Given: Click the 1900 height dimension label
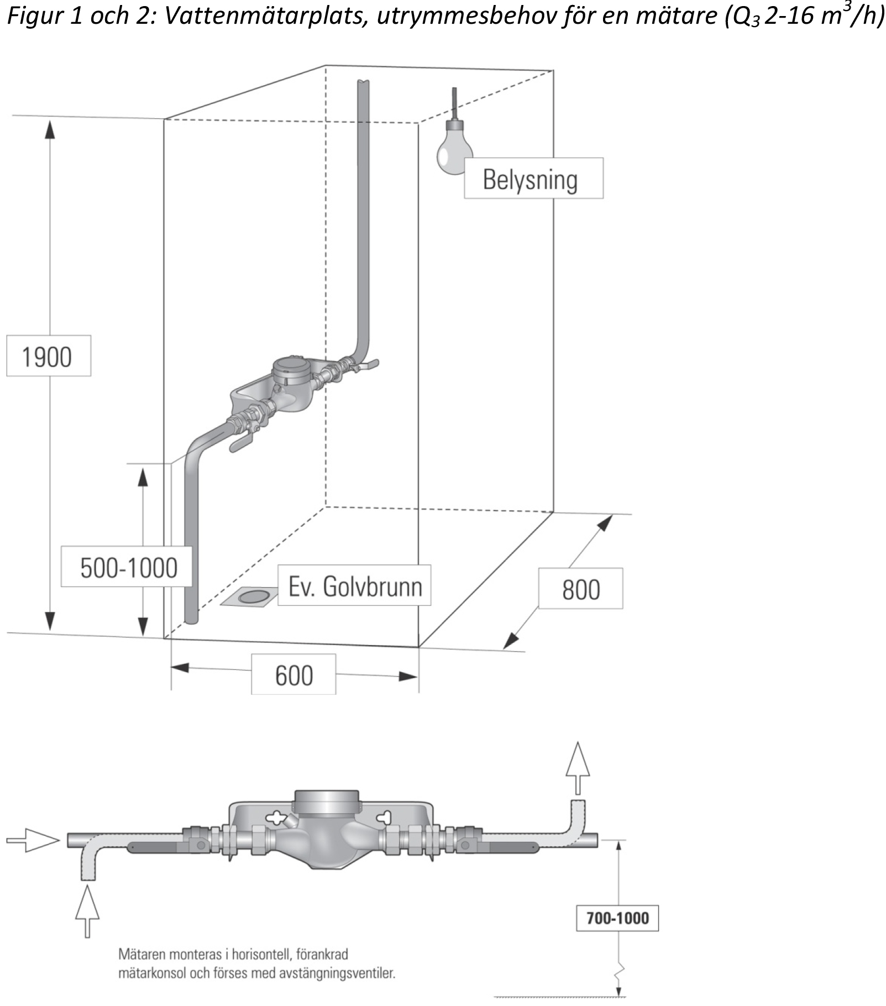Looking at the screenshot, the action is click(48, 356).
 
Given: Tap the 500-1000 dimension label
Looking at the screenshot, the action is click(127, 567).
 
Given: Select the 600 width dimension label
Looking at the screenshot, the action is click(293, 674).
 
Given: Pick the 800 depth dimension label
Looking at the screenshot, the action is click(580, 589).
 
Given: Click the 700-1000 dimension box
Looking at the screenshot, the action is click(617, 918).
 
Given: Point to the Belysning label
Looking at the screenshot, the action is click(533, 179).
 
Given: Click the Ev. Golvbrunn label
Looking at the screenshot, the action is click(354, 585).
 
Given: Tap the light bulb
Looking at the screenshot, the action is click(455, 149).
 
